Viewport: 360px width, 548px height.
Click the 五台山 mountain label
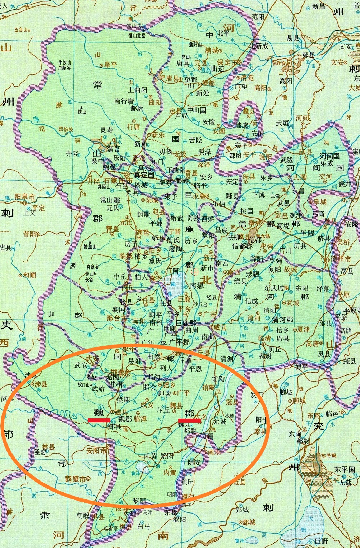(x=21, y=30)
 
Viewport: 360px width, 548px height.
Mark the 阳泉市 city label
(x=25, y=197)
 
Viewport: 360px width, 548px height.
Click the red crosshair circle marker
(x=195, y=272)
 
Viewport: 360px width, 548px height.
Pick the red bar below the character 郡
(x=189, y=420)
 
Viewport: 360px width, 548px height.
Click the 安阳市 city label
(x=97, y=450)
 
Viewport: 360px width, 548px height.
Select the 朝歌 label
(x=83, y=515)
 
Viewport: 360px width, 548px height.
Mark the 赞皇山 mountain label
(x=89, y=247)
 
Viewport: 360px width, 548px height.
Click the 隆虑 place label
(x=40, y=452)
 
